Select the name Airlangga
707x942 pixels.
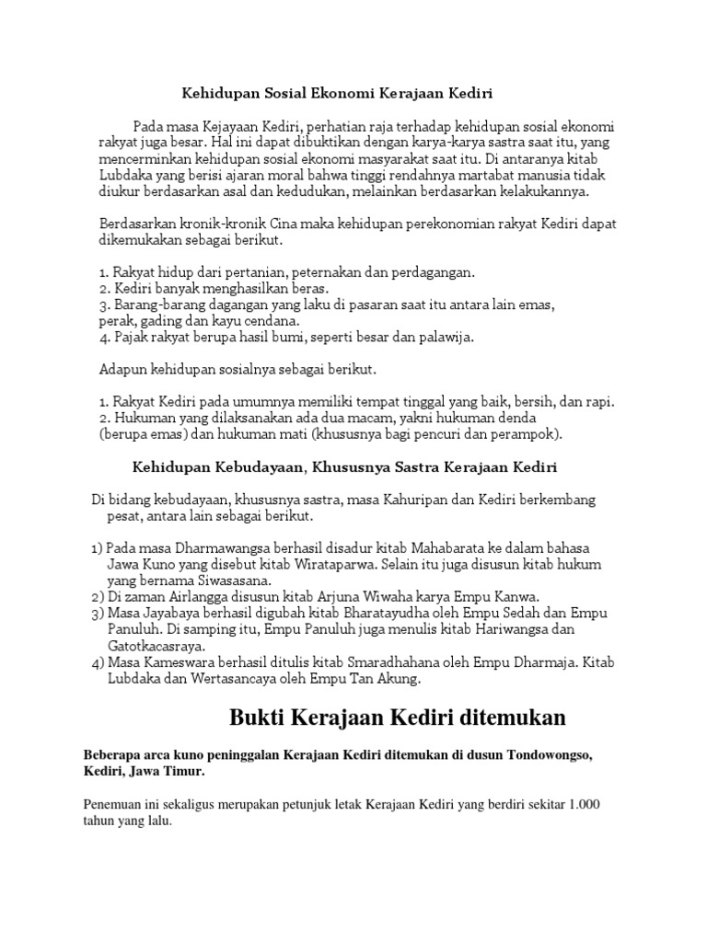208,597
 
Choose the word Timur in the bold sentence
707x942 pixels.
184,772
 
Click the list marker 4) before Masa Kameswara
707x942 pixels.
98,662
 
